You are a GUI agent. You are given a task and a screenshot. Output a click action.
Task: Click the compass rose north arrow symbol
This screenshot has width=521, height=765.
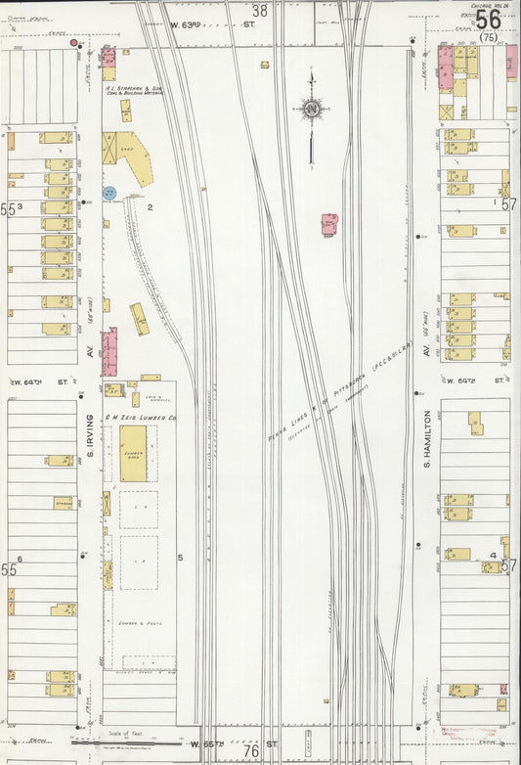[x=312, y=111]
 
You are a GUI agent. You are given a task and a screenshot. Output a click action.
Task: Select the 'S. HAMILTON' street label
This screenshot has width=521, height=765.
[x=427, y=448]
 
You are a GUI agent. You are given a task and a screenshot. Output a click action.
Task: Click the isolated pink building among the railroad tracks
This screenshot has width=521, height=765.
[x=329, y=224]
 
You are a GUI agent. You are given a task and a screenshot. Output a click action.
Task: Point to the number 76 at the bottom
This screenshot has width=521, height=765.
[x=250, y=750]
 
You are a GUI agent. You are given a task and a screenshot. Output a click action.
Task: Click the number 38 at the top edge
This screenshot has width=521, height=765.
[x=259, y=11]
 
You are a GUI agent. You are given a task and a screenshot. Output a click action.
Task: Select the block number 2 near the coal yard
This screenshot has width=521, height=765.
[x=151, y=207]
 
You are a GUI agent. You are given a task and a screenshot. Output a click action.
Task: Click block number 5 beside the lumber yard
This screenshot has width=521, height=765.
[x=180, y=558]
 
